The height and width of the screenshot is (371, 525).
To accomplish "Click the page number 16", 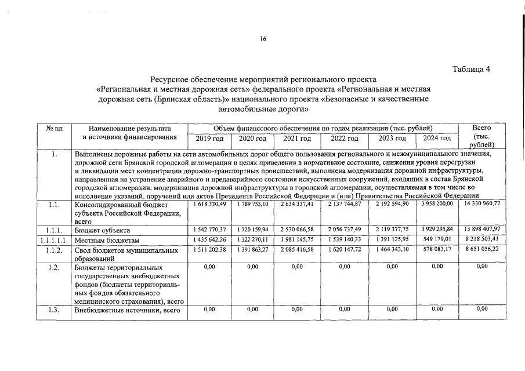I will pyautogui.click(x=263, y=39).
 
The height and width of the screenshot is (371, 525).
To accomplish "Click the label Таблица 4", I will pyautogui.click(x=471, y=69).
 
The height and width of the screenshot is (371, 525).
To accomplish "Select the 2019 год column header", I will pyautogui.click(x=209, y=139).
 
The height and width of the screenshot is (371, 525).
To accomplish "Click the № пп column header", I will pyautogui.click(x=53, y=128).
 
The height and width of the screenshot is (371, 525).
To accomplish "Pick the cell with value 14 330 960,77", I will pyautogui.click(x=482, y=203).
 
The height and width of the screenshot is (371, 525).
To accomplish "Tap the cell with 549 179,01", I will pyautogui.click(x=438, y=240).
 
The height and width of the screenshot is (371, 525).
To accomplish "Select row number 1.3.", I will pyautogui.click(x=54, y=310).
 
